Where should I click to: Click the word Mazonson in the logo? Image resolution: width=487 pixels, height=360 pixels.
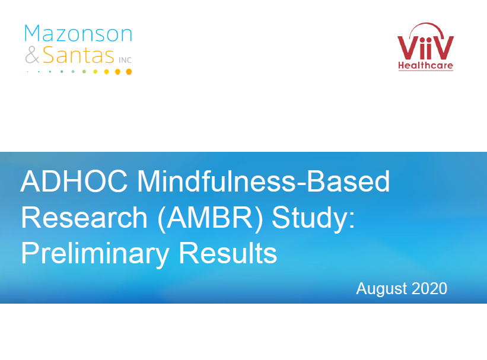(78, 33)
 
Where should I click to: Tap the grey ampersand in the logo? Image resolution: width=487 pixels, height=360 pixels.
(32, 55)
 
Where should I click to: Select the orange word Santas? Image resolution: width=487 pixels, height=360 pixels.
(78, 55)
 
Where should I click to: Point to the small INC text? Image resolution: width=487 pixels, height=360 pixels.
(125, 60)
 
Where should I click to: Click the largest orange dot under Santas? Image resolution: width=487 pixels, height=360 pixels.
(129, 72)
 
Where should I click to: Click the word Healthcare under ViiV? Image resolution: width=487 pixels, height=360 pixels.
(425, 65)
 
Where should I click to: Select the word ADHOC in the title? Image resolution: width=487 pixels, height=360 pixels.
(74, 181)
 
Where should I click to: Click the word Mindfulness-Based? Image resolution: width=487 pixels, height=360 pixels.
(263, 181)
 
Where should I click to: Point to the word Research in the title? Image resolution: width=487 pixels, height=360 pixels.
(84, 218)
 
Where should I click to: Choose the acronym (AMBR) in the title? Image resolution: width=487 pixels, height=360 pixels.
(210, 218)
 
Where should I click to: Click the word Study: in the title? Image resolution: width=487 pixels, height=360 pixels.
(313, 218)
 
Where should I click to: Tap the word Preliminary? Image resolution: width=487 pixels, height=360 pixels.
(96, 254)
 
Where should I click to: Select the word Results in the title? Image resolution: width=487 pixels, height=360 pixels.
(228, 253)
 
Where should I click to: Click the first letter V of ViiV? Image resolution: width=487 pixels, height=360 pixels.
(408, 48)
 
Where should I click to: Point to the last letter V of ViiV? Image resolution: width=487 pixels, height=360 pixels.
(444, 48)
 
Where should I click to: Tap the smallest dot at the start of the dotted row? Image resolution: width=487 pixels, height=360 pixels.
(28, 72)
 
